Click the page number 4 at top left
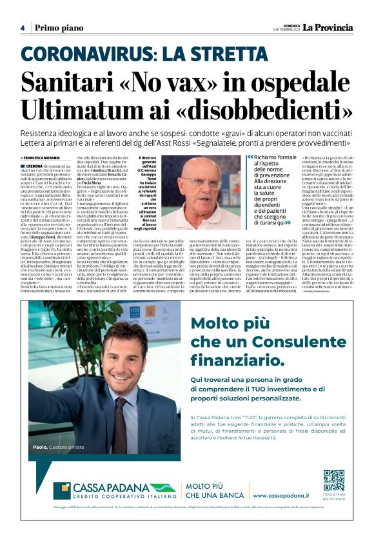click(22, 28)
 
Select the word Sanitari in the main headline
click(66, 83)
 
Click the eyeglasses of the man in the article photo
click(204, 182)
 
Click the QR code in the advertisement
click(333, 480)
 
